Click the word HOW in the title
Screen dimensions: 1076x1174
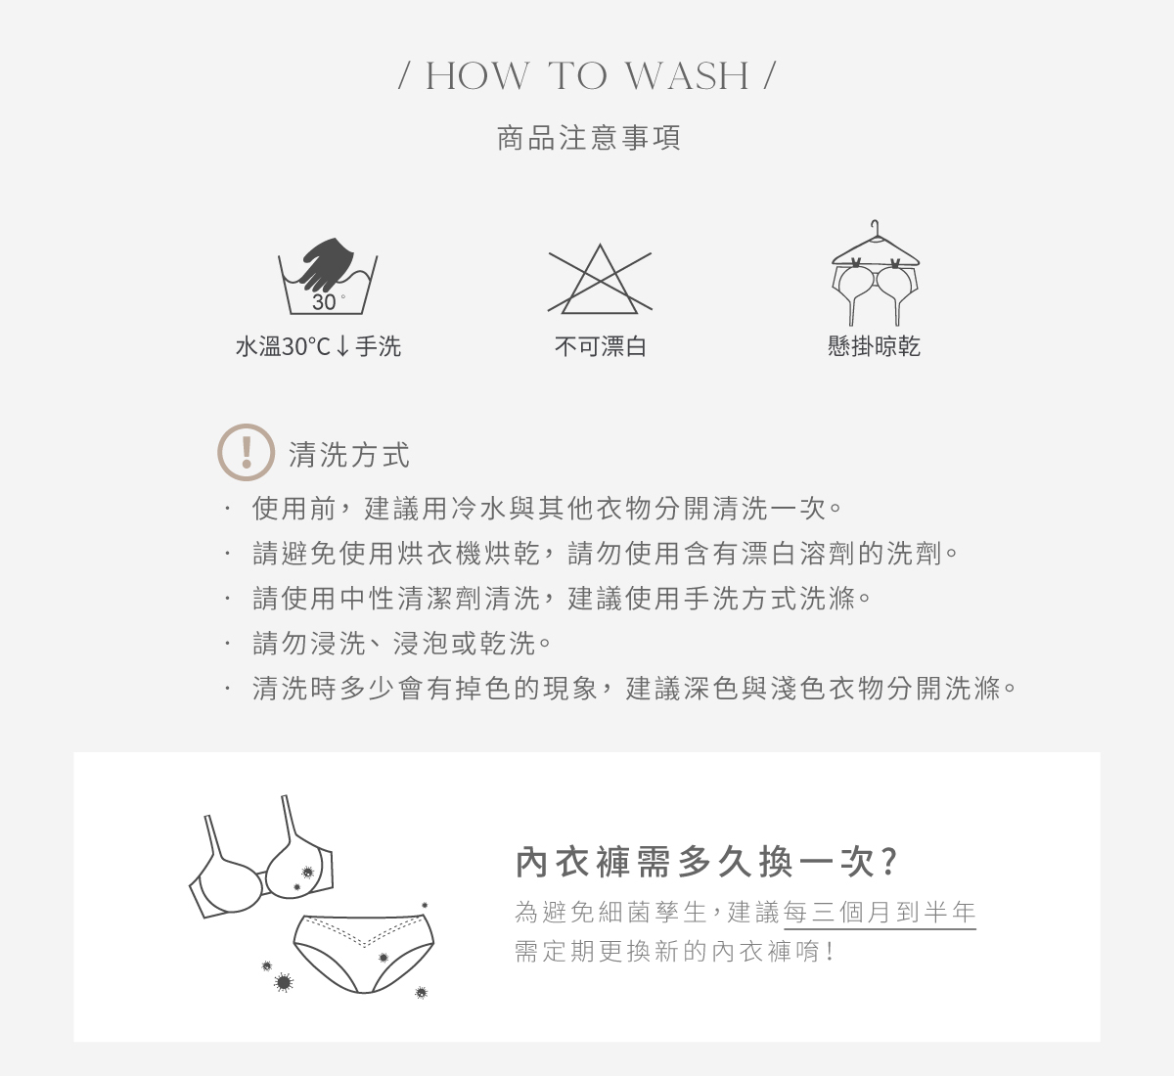click(x=477, y=76)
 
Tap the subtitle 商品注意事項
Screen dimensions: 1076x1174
click(x=588, y=138)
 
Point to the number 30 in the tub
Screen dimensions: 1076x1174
click(x=324, y=302)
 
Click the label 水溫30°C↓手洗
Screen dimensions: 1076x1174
click(x=318, y=346)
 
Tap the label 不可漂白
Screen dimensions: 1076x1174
click(x=600, y=346)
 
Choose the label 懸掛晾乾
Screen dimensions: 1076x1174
click(x=874, y=346)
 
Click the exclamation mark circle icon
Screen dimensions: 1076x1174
click(x=246, y=452)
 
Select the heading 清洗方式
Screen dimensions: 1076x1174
click(x=349, y=455)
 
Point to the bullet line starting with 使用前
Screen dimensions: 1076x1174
click(x=547, y=509)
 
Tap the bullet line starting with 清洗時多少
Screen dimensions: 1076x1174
click(x=634, y=689)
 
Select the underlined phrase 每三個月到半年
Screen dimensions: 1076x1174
click(x=880, y=913)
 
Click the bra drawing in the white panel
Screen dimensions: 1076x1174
click(x=262, y=867)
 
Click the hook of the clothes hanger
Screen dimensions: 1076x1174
click(x=876, y=227)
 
